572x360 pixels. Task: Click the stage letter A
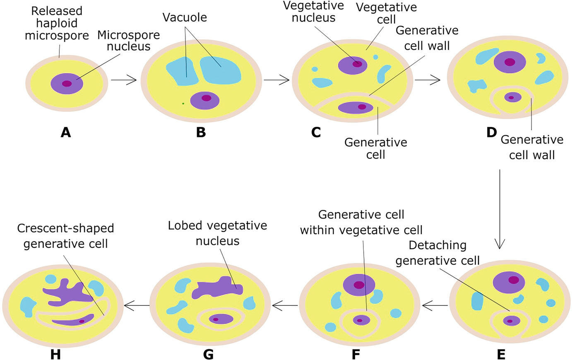coord(65,132)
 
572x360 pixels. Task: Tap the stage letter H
coord(55,355)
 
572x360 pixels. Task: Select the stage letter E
coord(501,355)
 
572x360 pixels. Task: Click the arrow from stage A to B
coord(124,80)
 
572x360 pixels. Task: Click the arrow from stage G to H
coord(137,306)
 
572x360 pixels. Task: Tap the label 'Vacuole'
coord(185,17)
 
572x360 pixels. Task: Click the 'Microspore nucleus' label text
coord(128,41)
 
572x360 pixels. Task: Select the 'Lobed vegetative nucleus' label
coord(217,233)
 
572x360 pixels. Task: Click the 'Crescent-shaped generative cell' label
coord(65,236)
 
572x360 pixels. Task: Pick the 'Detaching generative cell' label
coord(437,253)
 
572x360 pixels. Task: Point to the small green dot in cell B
coord(183,103)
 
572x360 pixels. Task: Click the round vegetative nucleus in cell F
coord(359,285)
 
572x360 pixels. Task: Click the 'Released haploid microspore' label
coord(57,23)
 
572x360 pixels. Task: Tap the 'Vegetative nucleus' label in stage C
coord(313,12)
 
